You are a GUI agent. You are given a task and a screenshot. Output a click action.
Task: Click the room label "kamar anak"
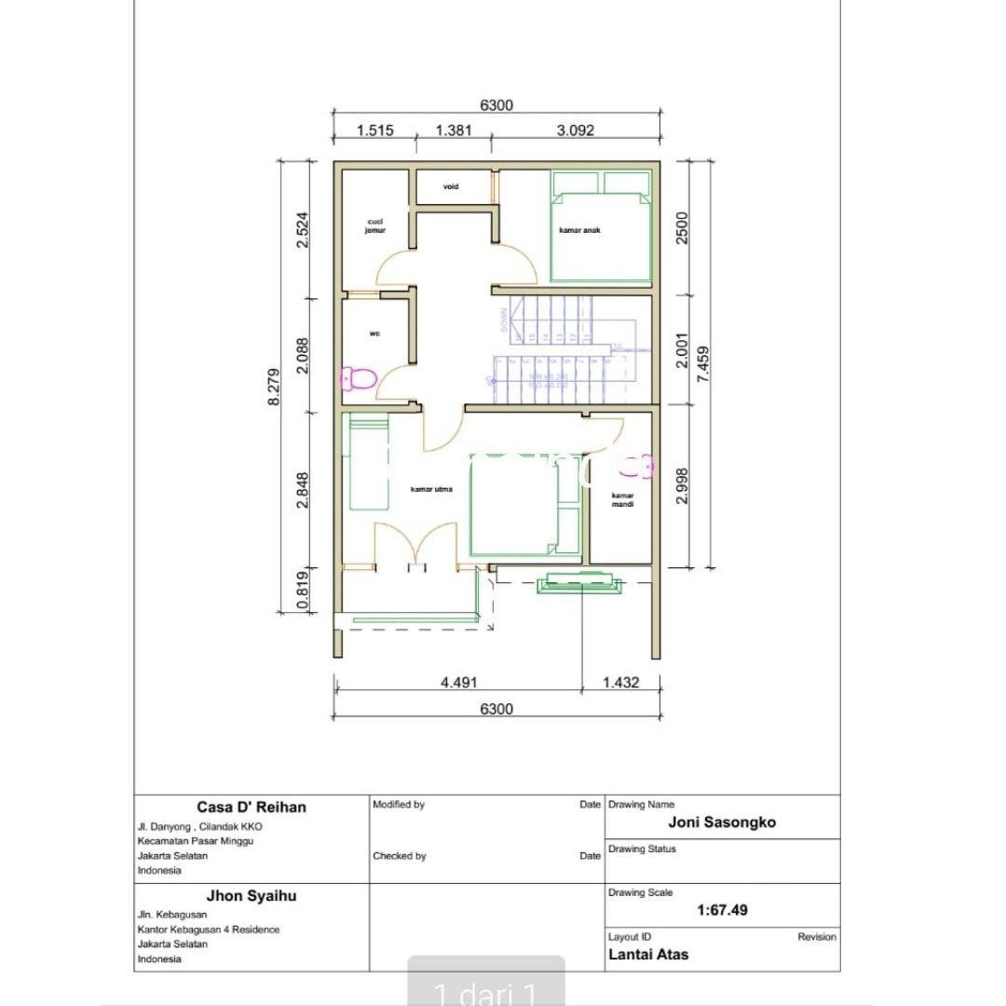579,230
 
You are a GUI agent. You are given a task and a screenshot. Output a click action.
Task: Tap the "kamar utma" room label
431,488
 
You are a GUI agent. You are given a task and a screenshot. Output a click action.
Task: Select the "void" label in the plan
451,186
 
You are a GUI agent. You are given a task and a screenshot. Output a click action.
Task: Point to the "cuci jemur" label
374,225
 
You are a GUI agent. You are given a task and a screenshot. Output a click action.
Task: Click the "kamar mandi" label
622,499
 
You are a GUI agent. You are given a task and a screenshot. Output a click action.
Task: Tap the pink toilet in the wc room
359,378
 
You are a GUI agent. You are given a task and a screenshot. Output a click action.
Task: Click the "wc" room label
374,333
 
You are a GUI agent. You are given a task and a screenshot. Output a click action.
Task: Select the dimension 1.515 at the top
376,131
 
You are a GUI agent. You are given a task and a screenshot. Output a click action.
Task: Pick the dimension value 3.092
575,131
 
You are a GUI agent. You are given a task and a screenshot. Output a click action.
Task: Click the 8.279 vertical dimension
274,386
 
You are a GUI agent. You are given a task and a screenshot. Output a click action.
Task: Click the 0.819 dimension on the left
302,590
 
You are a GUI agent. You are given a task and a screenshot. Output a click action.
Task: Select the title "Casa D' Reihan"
251,807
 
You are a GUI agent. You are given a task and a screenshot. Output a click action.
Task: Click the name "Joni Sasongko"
722,822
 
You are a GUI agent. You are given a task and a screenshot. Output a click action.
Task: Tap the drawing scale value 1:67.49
722,910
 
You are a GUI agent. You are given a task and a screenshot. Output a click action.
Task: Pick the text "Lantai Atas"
648,954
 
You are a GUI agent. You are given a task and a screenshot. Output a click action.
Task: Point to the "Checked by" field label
399,855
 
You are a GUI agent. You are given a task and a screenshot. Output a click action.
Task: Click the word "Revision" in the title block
816,937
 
